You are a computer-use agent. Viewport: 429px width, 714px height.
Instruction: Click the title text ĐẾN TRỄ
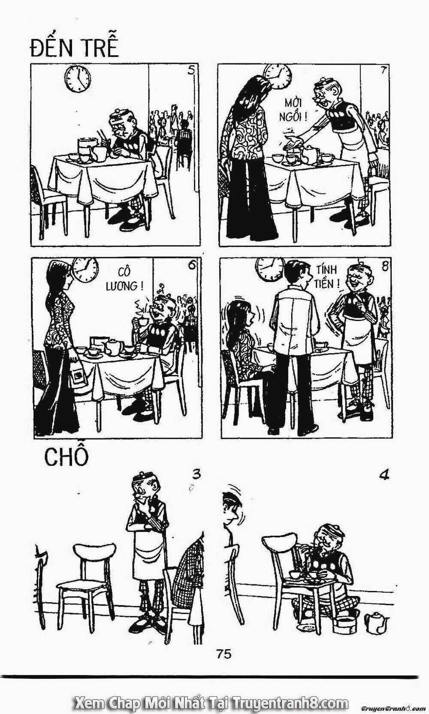pyautogui.click(x=74, y=47)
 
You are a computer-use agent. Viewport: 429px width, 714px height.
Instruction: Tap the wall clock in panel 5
pyautogui.click(x=78, y=79)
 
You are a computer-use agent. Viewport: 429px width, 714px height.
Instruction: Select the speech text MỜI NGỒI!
pyautogui.click(x=296, y=109)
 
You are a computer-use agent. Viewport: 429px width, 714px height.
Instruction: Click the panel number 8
pyautogui.click(x=384, y=266)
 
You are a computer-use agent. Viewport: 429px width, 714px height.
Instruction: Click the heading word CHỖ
pyautogui.click(x=66, y=457)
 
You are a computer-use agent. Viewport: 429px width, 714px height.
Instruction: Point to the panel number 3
pyautogui.click(x=196, y=474)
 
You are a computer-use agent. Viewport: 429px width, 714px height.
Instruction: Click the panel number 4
pyautogui.click(x=384, y=475)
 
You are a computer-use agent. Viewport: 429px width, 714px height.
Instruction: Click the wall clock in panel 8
pyautogui.click(x=269, y=268)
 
